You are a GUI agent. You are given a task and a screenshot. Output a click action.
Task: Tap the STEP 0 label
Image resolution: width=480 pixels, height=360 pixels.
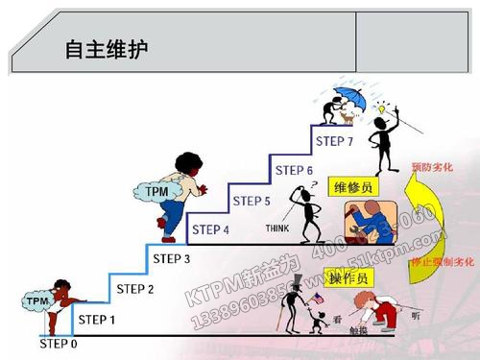tap(59, 342)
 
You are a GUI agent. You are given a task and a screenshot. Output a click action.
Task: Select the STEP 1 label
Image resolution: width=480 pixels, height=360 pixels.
tap(96, 320)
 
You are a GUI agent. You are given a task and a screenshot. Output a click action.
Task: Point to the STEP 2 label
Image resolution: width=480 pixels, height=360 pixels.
tap(134, 288)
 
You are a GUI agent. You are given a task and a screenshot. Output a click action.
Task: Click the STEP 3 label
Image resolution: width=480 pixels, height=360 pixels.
tap(173, 258)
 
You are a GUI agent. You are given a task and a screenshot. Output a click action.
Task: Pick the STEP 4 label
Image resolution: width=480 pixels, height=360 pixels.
tap(210, 229)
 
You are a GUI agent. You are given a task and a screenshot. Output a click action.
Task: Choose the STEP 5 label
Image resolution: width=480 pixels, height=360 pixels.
tap(252, 201)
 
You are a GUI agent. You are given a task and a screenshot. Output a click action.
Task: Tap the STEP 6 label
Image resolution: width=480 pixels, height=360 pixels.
tap(294, 171)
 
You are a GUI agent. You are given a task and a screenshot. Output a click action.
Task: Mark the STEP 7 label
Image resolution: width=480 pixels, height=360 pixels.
tap(335, 141)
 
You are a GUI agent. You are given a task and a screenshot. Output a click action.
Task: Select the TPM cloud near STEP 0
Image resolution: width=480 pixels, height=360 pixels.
tap(37, 300)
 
